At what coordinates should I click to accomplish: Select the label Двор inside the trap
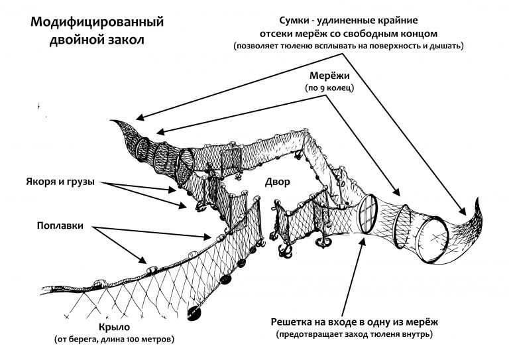276,181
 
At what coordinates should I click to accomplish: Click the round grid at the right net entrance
367,213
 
